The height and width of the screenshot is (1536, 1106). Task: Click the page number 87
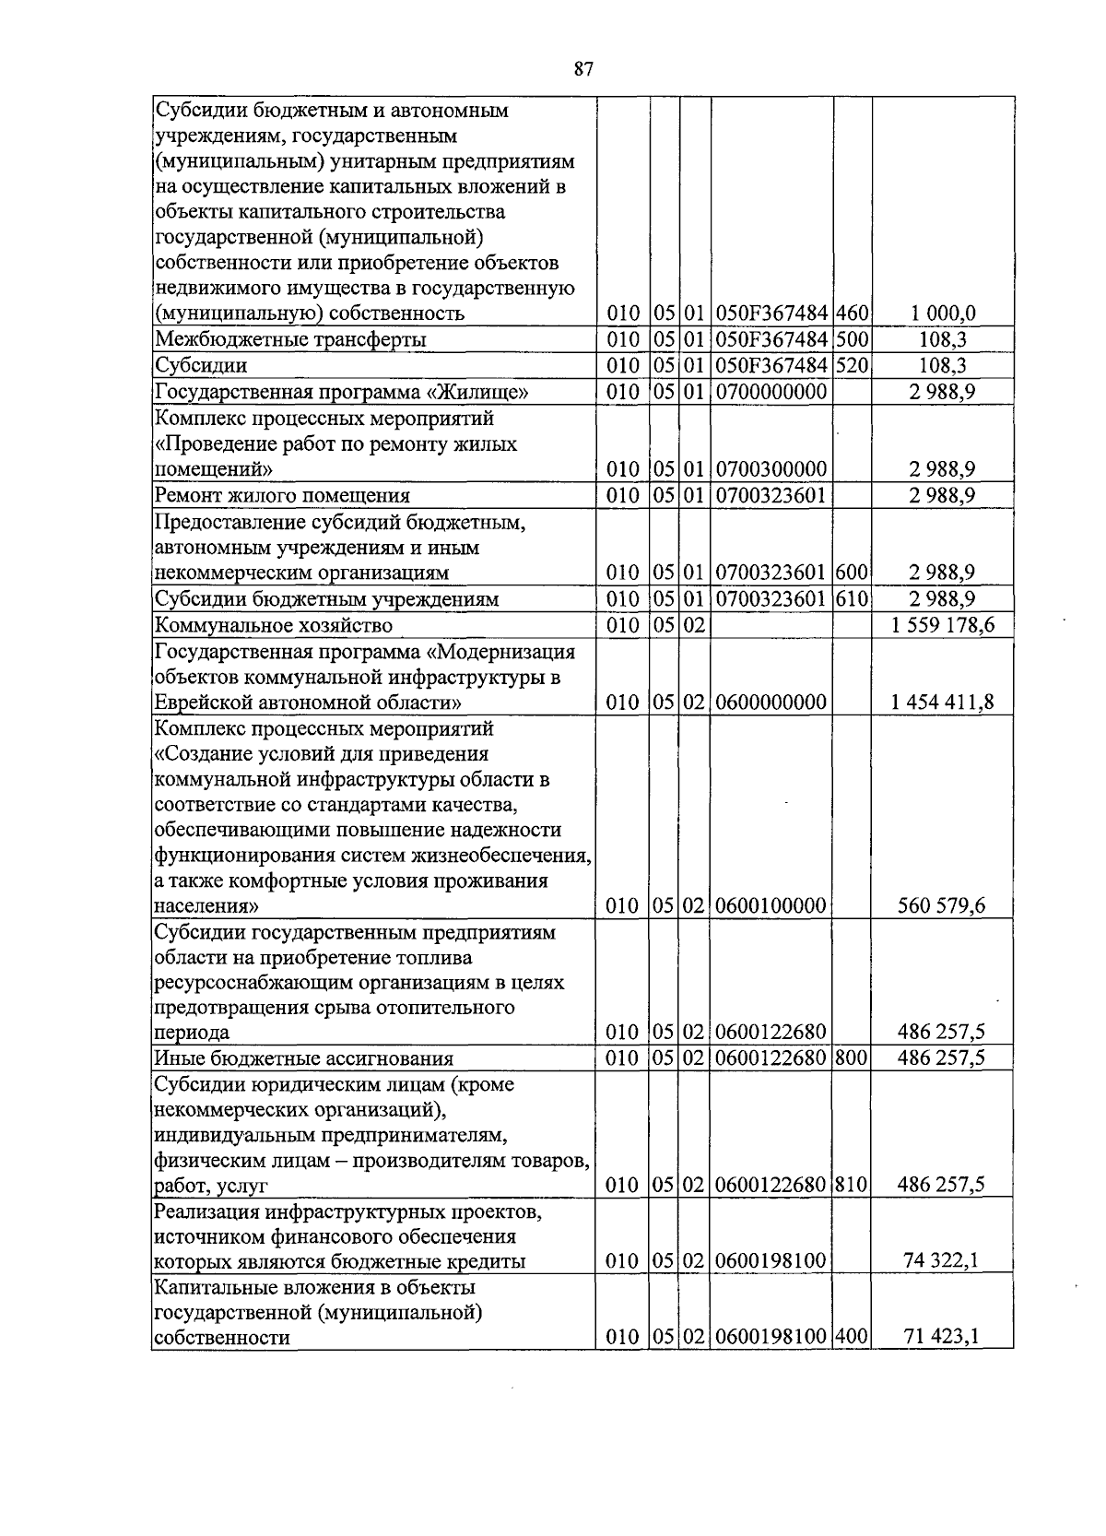coord(582,69)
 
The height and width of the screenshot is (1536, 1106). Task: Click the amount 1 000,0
coord(943,313)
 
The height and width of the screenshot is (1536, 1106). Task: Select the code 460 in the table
coord(853,313)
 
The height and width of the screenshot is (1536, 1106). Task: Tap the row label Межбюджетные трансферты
coord(290,339)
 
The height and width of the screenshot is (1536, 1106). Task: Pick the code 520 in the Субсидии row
coord(853,365)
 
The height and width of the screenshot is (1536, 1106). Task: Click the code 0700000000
coord(771,392)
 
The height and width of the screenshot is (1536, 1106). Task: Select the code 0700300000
coord(771,469)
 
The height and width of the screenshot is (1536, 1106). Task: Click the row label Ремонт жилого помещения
coord(282,495)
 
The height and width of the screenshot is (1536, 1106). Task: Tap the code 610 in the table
coord(853,598)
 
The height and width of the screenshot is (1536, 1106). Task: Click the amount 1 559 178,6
coord(943,625)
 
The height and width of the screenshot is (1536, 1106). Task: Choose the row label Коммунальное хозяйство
coord(274,625)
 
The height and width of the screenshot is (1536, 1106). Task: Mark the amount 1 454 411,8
coord(943,703)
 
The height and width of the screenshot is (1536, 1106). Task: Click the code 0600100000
coord(771,905)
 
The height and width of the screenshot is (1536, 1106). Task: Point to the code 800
coord(853,1057)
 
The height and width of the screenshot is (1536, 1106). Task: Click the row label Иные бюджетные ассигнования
coord(304,1058)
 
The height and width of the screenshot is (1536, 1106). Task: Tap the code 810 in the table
coord(853,1184)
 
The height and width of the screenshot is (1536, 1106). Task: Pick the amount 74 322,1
coord(943,1261)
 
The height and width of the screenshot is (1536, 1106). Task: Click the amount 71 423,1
coord(943,1337)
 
